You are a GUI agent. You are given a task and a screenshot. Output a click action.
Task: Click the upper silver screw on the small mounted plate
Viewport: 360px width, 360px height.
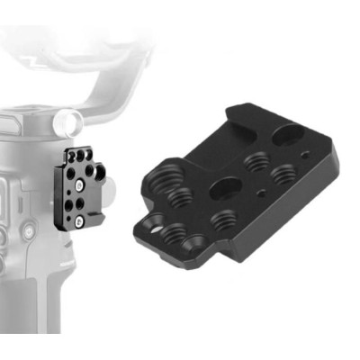click(80, 186)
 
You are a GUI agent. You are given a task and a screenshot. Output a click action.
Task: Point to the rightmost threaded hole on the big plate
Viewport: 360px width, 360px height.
click(284, 172)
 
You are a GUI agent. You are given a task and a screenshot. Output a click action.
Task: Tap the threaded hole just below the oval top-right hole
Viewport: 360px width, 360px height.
click(256, 164)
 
